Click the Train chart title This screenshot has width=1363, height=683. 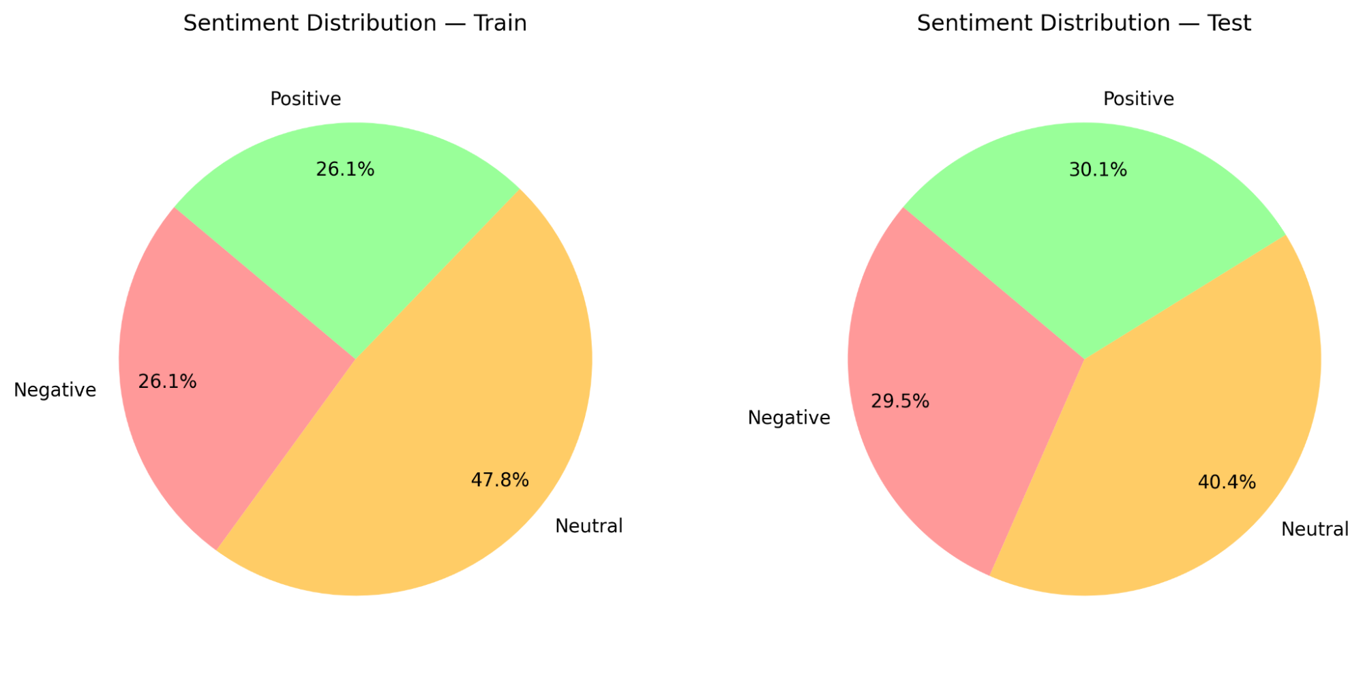click(x=355, y=23)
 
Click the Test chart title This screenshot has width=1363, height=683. click(x=1083, y=23)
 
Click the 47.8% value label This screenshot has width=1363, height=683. click(x=500, y=481)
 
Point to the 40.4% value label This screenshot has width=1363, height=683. click(x=1227, y=483)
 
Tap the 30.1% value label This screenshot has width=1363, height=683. click(x=1098, y=170)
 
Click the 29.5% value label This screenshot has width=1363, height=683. click(x=900, y=401)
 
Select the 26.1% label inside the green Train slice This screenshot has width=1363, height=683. click(x=345, y=170)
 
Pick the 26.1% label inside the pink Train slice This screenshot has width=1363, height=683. click(x=167, y=382)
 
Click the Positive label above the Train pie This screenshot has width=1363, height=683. click(x=305, y=99)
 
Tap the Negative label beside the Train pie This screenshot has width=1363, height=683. click(x=55, y=390)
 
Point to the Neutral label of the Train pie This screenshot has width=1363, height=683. click(x=589, y=526)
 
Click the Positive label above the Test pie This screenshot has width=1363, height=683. click(x=1139, y=99)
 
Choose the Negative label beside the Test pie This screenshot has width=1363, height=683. click(x=789, y=418)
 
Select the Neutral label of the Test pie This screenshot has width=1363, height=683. click(x=1315, y=530)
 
